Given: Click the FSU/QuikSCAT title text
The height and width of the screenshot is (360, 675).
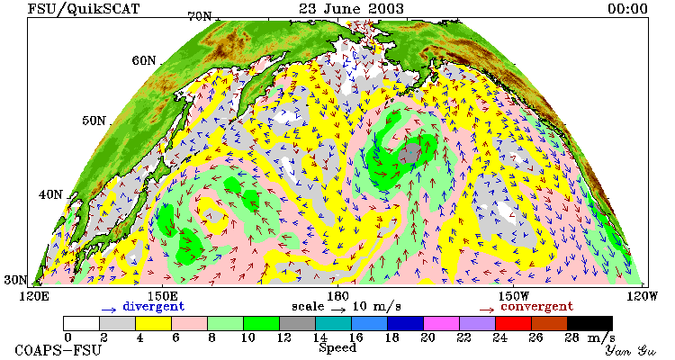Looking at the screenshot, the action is pyautogui.click(x=84, y=9).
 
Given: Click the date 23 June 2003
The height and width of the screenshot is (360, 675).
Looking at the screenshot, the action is pyautogui.click(x=352, y=8).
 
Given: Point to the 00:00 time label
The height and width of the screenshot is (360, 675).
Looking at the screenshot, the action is pyautogui.click(x=627, y=9).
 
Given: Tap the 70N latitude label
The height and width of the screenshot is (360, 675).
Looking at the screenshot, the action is pyautogui.click(x=200, y=16).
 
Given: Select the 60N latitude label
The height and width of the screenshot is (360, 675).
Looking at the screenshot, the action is pyautogui.click(x=144, y=60).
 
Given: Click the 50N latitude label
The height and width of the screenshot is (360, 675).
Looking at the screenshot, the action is pyautogui.click(x=94, y=121).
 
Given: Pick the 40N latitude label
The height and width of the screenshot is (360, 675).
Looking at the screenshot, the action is pyautogui.click(x=50, y=194).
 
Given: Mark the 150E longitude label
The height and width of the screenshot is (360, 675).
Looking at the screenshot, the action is pyautogui.click(x=162, y=296).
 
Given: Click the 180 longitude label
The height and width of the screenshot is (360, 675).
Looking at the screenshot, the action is pyautogui.click(x=337, y=296).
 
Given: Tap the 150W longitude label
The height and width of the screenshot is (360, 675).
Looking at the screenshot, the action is pyautogui.click(x=514, y=296).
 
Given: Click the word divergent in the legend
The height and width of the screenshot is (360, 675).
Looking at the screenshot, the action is pyautogui.click(x=154, y=307).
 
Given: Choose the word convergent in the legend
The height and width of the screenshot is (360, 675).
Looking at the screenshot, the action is pyautogui.click(x=536, y=307).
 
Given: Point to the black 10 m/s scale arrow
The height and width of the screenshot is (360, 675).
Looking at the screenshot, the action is pyautogui.click(x=338, y=309).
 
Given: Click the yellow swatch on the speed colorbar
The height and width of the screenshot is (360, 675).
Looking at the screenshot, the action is pyautogui.click(x=153, y=323).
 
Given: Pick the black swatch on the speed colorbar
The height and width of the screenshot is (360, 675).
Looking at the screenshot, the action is pyautogui.click(x=589, y=323).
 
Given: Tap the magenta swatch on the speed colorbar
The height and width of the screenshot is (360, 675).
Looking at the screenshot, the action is pyautogui.click(x=441, y=323).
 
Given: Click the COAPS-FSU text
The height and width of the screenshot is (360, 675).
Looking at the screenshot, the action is pyautogui.click(x=58, y=350).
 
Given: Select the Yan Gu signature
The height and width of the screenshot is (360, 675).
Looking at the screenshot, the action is pyautogui.click(x=630, y=350).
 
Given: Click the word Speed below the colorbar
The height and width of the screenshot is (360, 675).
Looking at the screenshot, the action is pyautogui.click(x=337, y=348).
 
